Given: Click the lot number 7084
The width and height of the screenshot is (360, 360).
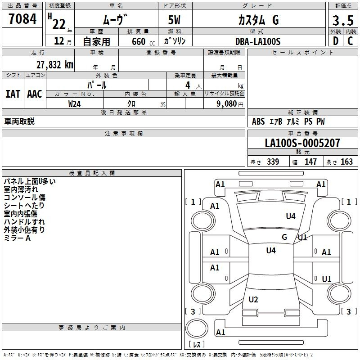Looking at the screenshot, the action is [x=22, y=19].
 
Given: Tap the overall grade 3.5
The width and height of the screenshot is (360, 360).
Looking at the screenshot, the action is [x=343, y=20].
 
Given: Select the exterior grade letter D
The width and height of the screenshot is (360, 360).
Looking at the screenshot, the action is [x=336, y=41].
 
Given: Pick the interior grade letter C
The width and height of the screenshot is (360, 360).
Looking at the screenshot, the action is [x=350, y=41].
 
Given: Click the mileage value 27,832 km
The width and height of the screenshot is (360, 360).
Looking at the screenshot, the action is [x=55, y=65].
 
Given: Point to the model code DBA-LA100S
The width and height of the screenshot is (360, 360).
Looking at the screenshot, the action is [x=258, y=41].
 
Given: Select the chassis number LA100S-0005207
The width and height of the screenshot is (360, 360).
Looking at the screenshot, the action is [x=302, y=143].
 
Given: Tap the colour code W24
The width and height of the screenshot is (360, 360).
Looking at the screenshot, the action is [x=74, y=104].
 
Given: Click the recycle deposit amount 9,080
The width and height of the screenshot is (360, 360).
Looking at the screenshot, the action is [x=227, y=104].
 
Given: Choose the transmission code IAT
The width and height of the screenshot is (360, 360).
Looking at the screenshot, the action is [x=13, y=94].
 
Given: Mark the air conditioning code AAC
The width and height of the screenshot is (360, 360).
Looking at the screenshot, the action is [x=35, y=94].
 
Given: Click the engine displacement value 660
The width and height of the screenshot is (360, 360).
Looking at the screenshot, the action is [x=139, y=41].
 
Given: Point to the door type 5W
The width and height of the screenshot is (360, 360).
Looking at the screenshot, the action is [x=174, y=20].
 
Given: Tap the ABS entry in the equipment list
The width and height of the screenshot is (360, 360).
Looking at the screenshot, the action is [x=258, y=121].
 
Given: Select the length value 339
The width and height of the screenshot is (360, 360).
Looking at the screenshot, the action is [x=273, y=162].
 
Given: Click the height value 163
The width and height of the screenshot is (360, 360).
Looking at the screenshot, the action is [x=346, y=162].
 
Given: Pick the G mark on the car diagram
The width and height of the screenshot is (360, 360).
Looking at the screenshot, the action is [x=284, y=237].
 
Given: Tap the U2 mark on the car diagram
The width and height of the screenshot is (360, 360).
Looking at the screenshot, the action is [x=253, y=299].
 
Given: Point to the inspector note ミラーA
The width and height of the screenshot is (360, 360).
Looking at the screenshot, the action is [x=17, y=238].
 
